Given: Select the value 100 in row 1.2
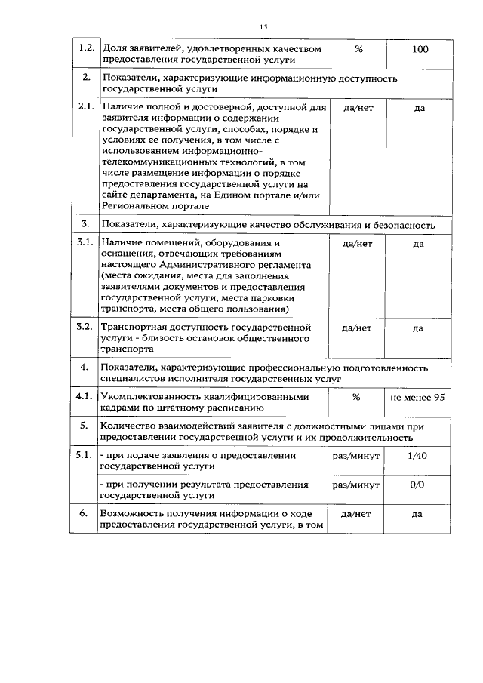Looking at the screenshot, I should click(420, 49).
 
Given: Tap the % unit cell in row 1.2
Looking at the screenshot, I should click(358, 49).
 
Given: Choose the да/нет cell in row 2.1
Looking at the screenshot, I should click(358, 108).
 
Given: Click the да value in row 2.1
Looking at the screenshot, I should click(420, 108).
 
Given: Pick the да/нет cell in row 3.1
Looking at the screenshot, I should click(358, 244).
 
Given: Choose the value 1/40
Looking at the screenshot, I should click(417, 456).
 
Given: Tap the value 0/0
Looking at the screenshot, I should click(417, 484).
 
